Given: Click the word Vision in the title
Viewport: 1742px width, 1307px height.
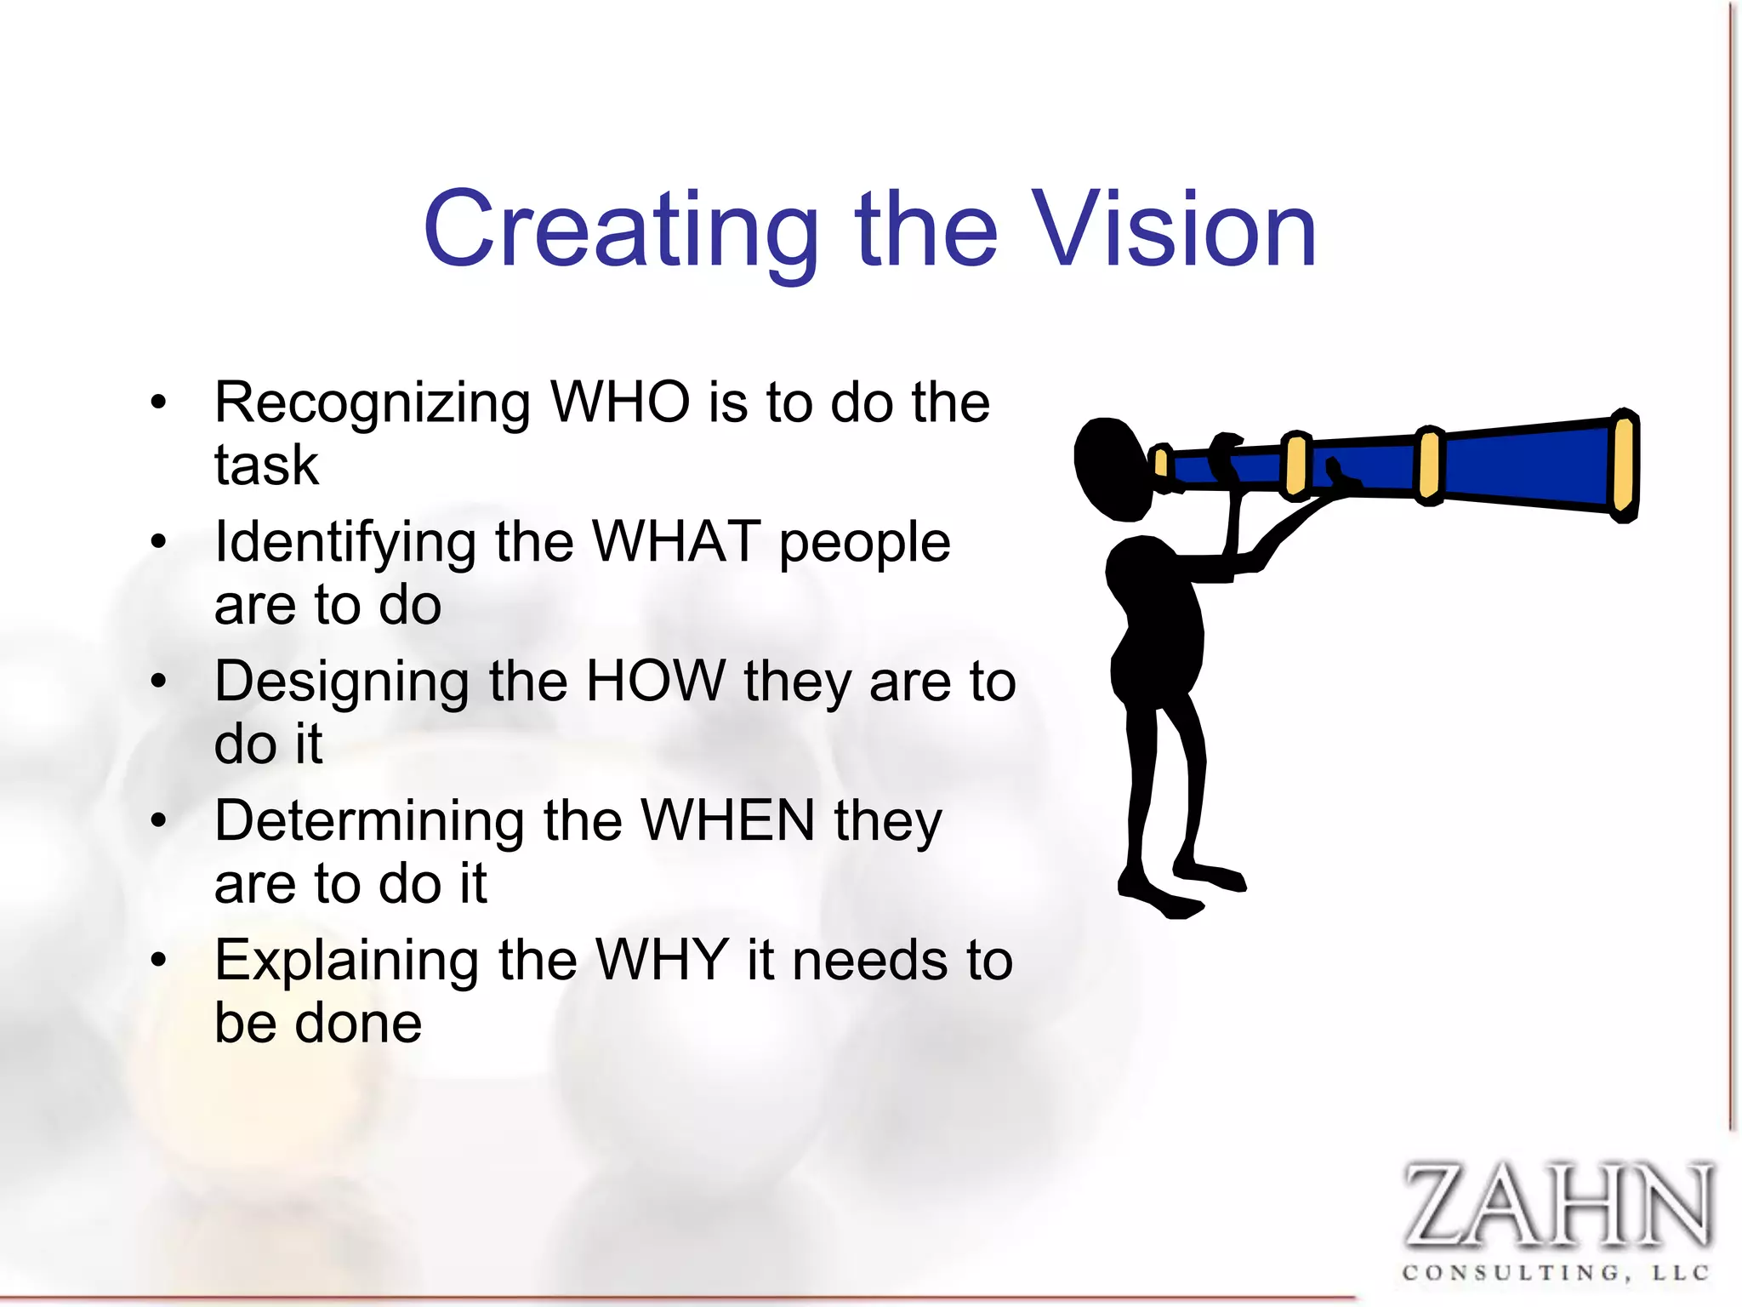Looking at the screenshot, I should click(1175, 230).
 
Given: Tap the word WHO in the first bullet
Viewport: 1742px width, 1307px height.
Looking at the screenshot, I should click(620, 402).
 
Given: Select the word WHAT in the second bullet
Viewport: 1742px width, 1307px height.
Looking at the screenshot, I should click(676, 541).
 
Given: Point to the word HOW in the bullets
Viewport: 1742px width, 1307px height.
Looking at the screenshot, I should click(656, 681).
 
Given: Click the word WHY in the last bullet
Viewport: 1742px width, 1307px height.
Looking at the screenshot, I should click(663, 960).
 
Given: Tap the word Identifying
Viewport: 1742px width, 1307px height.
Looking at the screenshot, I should click(345, 543).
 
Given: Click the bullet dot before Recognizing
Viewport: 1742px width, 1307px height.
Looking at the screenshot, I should click(158, 402).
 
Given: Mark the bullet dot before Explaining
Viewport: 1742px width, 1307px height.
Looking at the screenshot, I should click(158, 960).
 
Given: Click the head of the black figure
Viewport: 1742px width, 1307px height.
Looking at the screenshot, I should click(1111, 468).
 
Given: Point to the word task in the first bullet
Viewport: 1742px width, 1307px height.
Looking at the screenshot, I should click(266, 465).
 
